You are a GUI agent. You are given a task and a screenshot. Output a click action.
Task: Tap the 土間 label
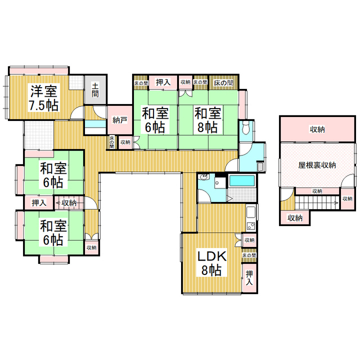pos(95,90)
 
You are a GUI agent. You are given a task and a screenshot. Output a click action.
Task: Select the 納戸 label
pos(119,120)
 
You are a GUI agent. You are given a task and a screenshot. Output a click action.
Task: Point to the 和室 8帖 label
pos(206,120)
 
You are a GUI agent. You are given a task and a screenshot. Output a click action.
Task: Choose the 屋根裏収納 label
pos(317,165)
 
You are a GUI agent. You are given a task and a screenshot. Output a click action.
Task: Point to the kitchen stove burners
pos(251,226)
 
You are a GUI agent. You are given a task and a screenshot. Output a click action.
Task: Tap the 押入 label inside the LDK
pos(250,278)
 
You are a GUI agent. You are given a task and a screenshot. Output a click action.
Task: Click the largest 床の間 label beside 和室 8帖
pos(223,83)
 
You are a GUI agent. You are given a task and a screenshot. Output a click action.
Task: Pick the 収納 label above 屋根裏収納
pos(317,130)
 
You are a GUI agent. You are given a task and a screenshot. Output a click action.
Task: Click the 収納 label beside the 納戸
pos(125,142)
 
